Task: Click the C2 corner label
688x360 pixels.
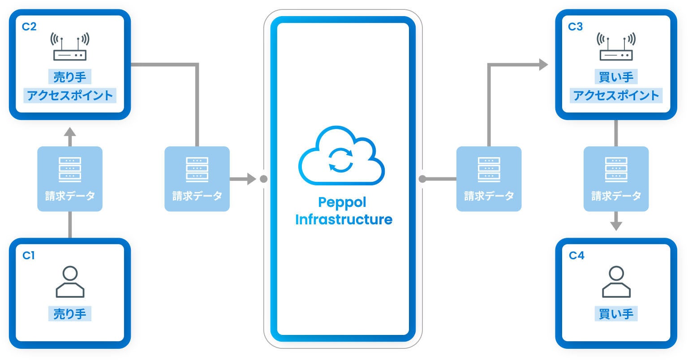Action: click(29, 27)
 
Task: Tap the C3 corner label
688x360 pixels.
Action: click(575, 27)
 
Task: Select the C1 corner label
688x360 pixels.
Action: click(29, 256)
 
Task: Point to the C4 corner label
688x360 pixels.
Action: click(576, 256)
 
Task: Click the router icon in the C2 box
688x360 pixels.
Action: click(70, 47)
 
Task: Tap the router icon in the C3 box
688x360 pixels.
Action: click(616, 47)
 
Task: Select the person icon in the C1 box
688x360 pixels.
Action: click(70, 282)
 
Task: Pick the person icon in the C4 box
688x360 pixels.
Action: click(616, 282)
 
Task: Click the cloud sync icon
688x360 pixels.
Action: click(342, 155)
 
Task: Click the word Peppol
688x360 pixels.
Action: click(342, 203)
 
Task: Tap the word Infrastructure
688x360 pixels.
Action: click(344, 219)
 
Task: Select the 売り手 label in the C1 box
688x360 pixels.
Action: click(70, 314)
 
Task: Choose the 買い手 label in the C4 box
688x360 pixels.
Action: click(616, 314)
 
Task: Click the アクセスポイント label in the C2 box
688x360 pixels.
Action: click(70, 95)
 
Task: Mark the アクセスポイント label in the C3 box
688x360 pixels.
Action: click(616, 95)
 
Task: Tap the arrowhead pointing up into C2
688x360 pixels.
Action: click(70, 133)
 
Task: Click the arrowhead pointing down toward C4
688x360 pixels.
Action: click(616, 226)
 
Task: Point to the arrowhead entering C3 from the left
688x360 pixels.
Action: click(544, 64)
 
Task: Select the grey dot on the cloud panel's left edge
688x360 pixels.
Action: click(263, 179)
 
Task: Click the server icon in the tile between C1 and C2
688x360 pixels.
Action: click(70, 170)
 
